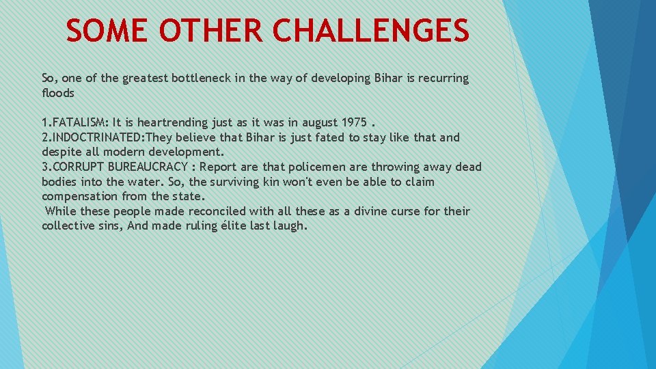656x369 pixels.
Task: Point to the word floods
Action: click(x=58, y=93)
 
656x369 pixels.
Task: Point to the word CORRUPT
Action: click(x=77, y=167)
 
